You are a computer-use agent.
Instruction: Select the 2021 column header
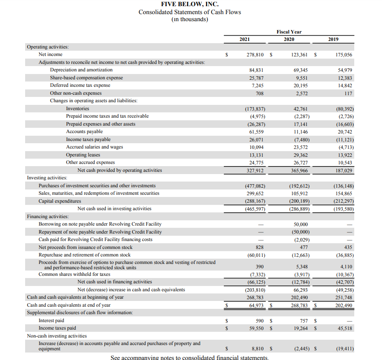tap(245, 39)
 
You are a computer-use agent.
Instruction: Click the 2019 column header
tap(334, 39)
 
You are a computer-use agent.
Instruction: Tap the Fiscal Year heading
tap(289, 32)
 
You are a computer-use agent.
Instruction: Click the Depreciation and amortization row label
tap(81, 70)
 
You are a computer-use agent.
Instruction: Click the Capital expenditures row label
tap(60, 201)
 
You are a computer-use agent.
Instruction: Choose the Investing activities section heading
tap(47, 178)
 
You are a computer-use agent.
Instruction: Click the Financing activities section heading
tap(48, 216)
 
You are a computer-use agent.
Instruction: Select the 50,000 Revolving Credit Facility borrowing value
tap(300, 224)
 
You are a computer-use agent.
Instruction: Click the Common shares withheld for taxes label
tap(74, 274)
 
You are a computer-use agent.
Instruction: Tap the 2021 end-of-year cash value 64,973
tap(256, 305)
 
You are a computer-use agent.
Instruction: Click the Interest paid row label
tap(51, 320)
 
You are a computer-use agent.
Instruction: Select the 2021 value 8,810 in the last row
tap(257, 349)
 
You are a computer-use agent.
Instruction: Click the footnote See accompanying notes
tap(189, 357)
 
